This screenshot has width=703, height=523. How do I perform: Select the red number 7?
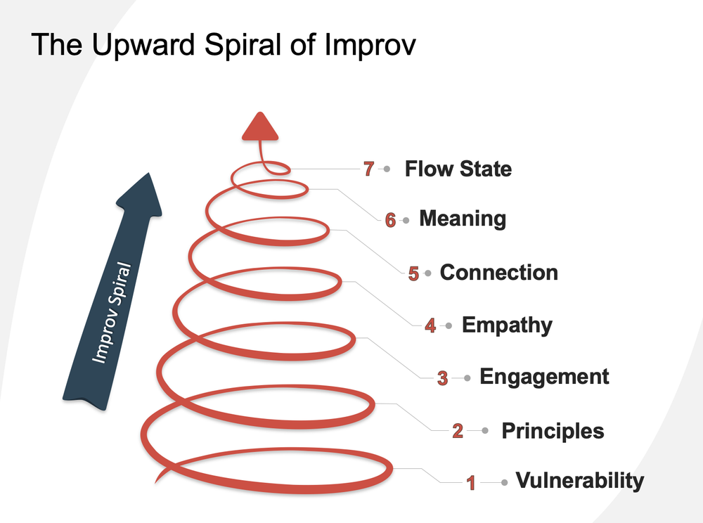(x=368, y=169)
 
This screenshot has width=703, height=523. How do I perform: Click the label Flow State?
(x=458, y=169)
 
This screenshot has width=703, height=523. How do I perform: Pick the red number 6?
(x=390, y=220)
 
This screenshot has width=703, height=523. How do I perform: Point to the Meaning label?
(x=462, y=219)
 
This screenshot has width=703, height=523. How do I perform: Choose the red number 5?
(x=413, y=273)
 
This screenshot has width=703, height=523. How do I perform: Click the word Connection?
(x=498, y=272)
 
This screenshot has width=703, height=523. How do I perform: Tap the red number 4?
(x=430, y=326)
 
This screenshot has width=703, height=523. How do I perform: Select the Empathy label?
(x=507, y=325)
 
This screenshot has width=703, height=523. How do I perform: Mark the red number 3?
(x=442, y=379)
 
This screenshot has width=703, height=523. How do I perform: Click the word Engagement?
(x=544, y=377)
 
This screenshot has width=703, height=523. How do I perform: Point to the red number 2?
(x=458, y=431)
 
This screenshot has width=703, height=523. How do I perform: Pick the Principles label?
(x=553, y=430)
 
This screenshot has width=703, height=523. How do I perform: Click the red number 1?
(x=472, y=483)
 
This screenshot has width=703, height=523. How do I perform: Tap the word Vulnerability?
(x=579, y=481)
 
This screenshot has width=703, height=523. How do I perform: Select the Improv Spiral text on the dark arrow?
(x=111, y=314)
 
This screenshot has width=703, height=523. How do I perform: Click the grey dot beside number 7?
(x=387, y=169)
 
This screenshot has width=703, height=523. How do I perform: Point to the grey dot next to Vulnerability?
(x=504, y=482)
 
